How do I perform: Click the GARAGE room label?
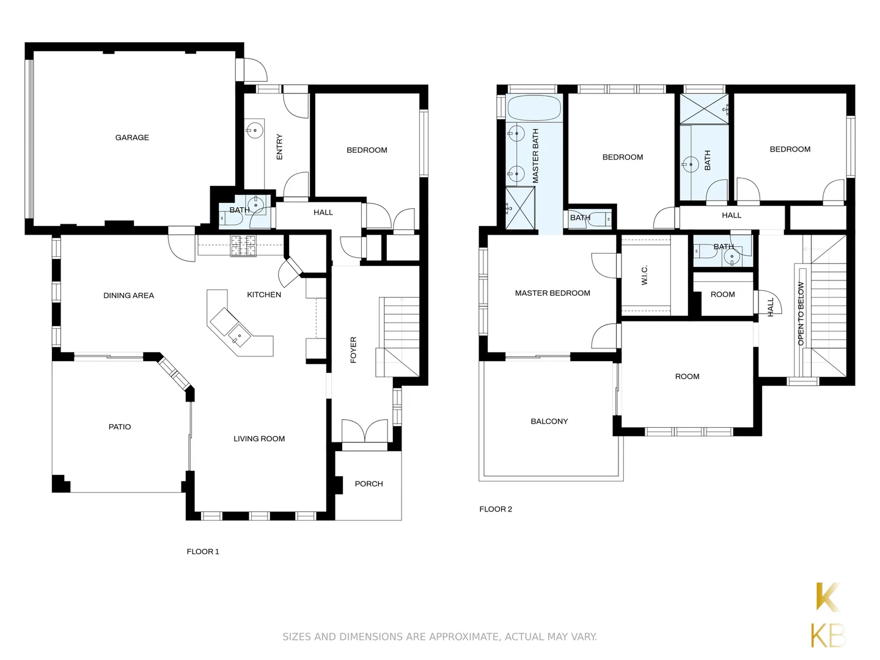pos(132,137)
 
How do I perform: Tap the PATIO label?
pos(120,427)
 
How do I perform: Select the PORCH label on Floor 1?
pos(369,483)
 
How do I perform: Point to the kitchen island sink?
pos(239,335)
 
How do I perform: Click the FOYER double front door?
pos(365,431)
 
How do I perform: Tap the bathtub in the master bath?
pos(533,108)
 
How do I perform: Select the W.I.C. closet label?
pos(645,275)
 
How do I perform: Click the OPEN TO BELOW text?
pos(801,313)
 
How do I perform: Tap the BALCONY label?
pos(549,421)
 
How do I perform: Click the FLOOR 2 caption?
pos(496,509)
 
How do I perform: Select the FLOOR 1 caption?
pos(203,551)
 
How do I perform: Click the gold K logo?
pos(828,597)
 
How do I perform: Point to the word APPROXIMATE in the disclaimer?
pos(463,637)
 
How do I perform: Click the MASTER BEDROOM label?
pos(552,293)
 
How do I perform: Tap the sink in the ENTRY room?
pos(254,130)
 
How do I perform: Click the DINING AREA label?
pos(128,295)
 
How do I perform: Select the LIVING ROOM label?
pos(259,438)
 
